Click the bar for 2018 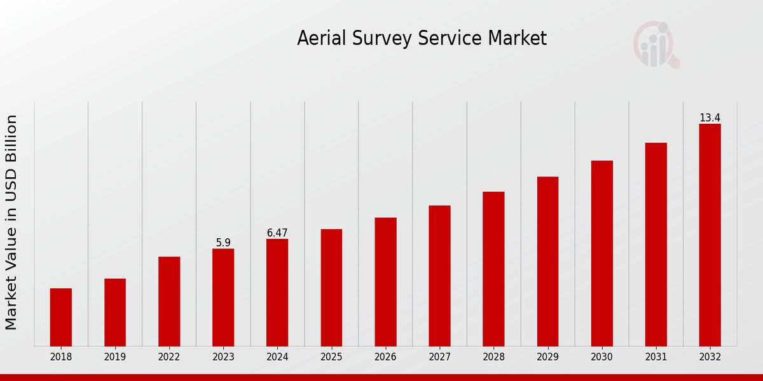(x=61, y=317)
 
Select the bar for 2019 (x=115, y=312)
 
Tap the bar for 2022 (x=169, y=301)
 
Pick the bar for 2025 (x=331, y=287)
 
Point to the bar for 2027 (x=439, y=276)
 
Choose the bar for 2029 (x=547, y=261)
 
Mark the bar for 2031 (x=656, y=244)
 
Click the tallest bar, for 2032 (x=710, y=234)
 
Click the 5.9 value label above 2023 (x=223, y=243)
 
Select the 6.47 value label (x=277, y=233)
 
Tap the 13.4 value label (x=710, y=118)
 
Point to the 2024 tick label (x=277, y=358)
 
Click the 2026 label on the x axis (x=385, y=358)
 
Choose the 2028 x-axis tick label (x=493, y=358)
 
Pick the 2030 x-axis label (x=601, y=358)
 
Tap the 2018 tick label (x=61, y=358)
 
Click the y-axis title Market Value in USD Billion (x=11, y=222)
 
